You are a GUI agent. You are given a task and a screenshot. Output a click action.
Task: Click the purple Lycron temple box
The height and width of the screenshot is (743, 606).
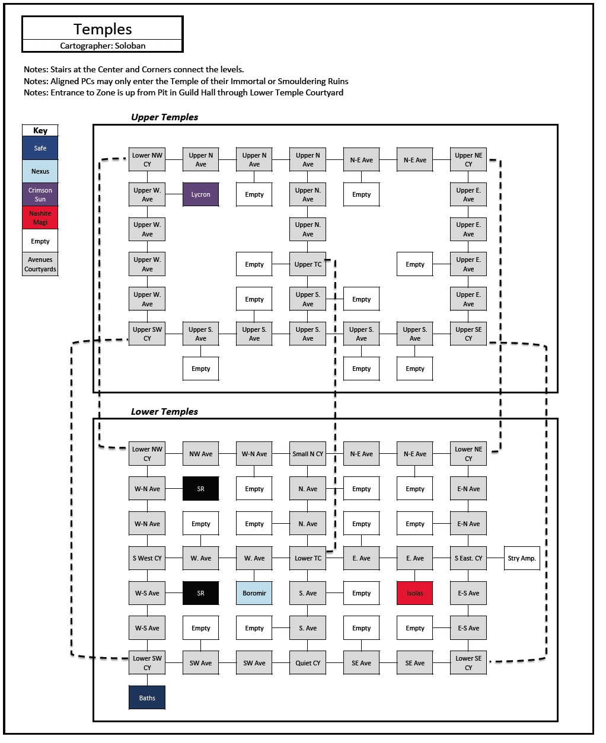click(x=201, y=194)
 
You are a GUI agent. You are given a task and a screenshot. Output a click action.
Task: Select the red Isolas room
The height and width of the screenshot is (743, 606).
click(x=414, y=593)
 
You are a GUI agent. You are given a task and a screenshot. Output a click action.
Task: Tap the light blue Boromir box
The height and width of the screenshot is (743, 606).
click(x=254, y=593)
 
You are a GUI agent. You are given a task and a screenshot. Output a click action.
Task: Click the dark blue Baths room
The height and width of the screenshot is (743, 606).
click(x=147, y=697)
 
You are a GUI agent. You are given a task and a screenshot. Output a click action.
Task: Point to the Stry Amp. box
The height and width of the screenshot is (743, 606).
click(x=522, y=558)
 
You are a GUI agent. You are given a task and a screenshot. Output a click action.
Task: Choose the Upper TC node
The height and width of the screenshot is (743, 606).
click(x=308, y=264)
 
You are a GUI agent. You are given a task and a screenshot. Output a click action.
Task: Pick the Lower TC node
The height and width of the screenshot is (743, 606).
click(x=308, y=558)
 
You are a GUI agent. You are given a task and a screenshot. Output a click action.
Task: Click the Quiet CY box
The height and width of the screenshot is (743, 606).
click(x=308, y=663)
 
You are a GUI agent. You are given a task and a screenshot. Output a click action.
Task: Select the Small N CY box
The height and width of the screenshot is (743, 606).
click(x=308, y=453)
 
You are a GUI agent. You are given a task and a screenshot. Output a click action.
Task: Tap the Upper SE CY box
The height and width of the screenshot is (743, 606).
click(x=468, y=334)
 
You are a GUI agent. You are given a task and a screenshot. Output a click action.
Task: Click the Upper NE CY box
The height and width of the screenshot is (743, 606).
click(x=468, y=159)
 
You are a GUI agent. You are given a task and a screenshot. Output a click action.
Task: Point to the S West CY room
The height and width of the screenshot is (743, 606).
click(x=147, y=558)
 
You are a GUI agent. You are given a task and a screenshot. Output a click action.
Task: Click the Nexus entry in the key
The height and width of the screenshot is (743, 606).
click(x=40, y=171)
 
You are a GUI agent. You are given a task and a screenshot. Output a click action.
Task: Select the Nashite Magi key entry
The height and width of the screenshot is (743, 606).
click(x=40, y=217)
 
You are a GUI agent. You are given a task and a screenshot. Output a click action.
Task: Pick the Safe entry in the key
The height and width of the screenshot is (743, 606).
click(x=40, y=148)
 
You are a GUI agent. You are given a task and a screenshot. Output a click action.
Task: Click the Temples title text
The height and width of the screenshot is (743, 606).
click(x=103, y=29)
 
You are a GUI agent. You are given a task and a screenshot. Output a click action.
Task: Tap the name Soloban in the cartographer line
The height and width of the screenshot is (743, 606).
click(x=130, y=46)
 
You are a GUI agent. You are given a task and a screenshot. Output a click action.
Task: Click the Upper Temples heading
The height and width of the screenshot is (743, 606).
click(x=164, y=117)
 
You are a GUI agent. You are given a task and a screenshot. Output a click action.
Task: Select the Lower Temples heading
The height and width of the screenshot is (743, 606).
click(x=164, y=411)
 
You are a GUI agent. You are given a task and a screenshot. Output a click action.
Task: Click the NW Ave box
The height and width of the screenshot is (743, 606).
click(x=201, y=453)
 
